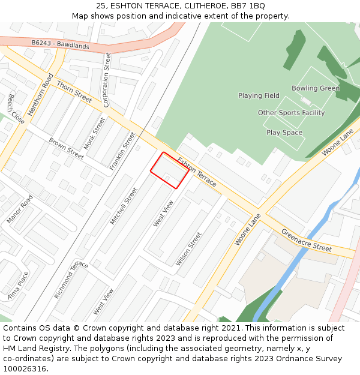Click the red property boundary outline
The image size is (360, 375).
[170, 170]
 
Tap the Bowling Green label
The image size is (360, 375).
[316, 88]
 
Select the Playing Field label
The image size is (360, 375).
[259, 95]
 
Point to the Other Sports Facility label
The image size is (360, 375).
[291, 113]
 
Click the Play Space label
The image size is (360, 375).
[284, 133]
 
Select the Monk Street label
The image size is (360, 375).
[94, 133]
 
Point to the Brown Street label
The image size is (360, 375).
[66, 148]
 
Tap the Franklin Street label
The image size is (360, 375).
[122, 151]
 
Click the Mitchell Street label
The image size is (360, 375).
[124, 206]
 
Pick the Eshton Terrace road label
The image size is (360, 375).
[197, 172]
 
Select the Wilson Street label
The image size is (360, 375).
[188, 249]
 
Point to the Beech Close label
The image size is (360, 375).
[16, 109]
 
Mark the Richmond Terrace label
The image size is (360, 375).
[71, 280]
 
